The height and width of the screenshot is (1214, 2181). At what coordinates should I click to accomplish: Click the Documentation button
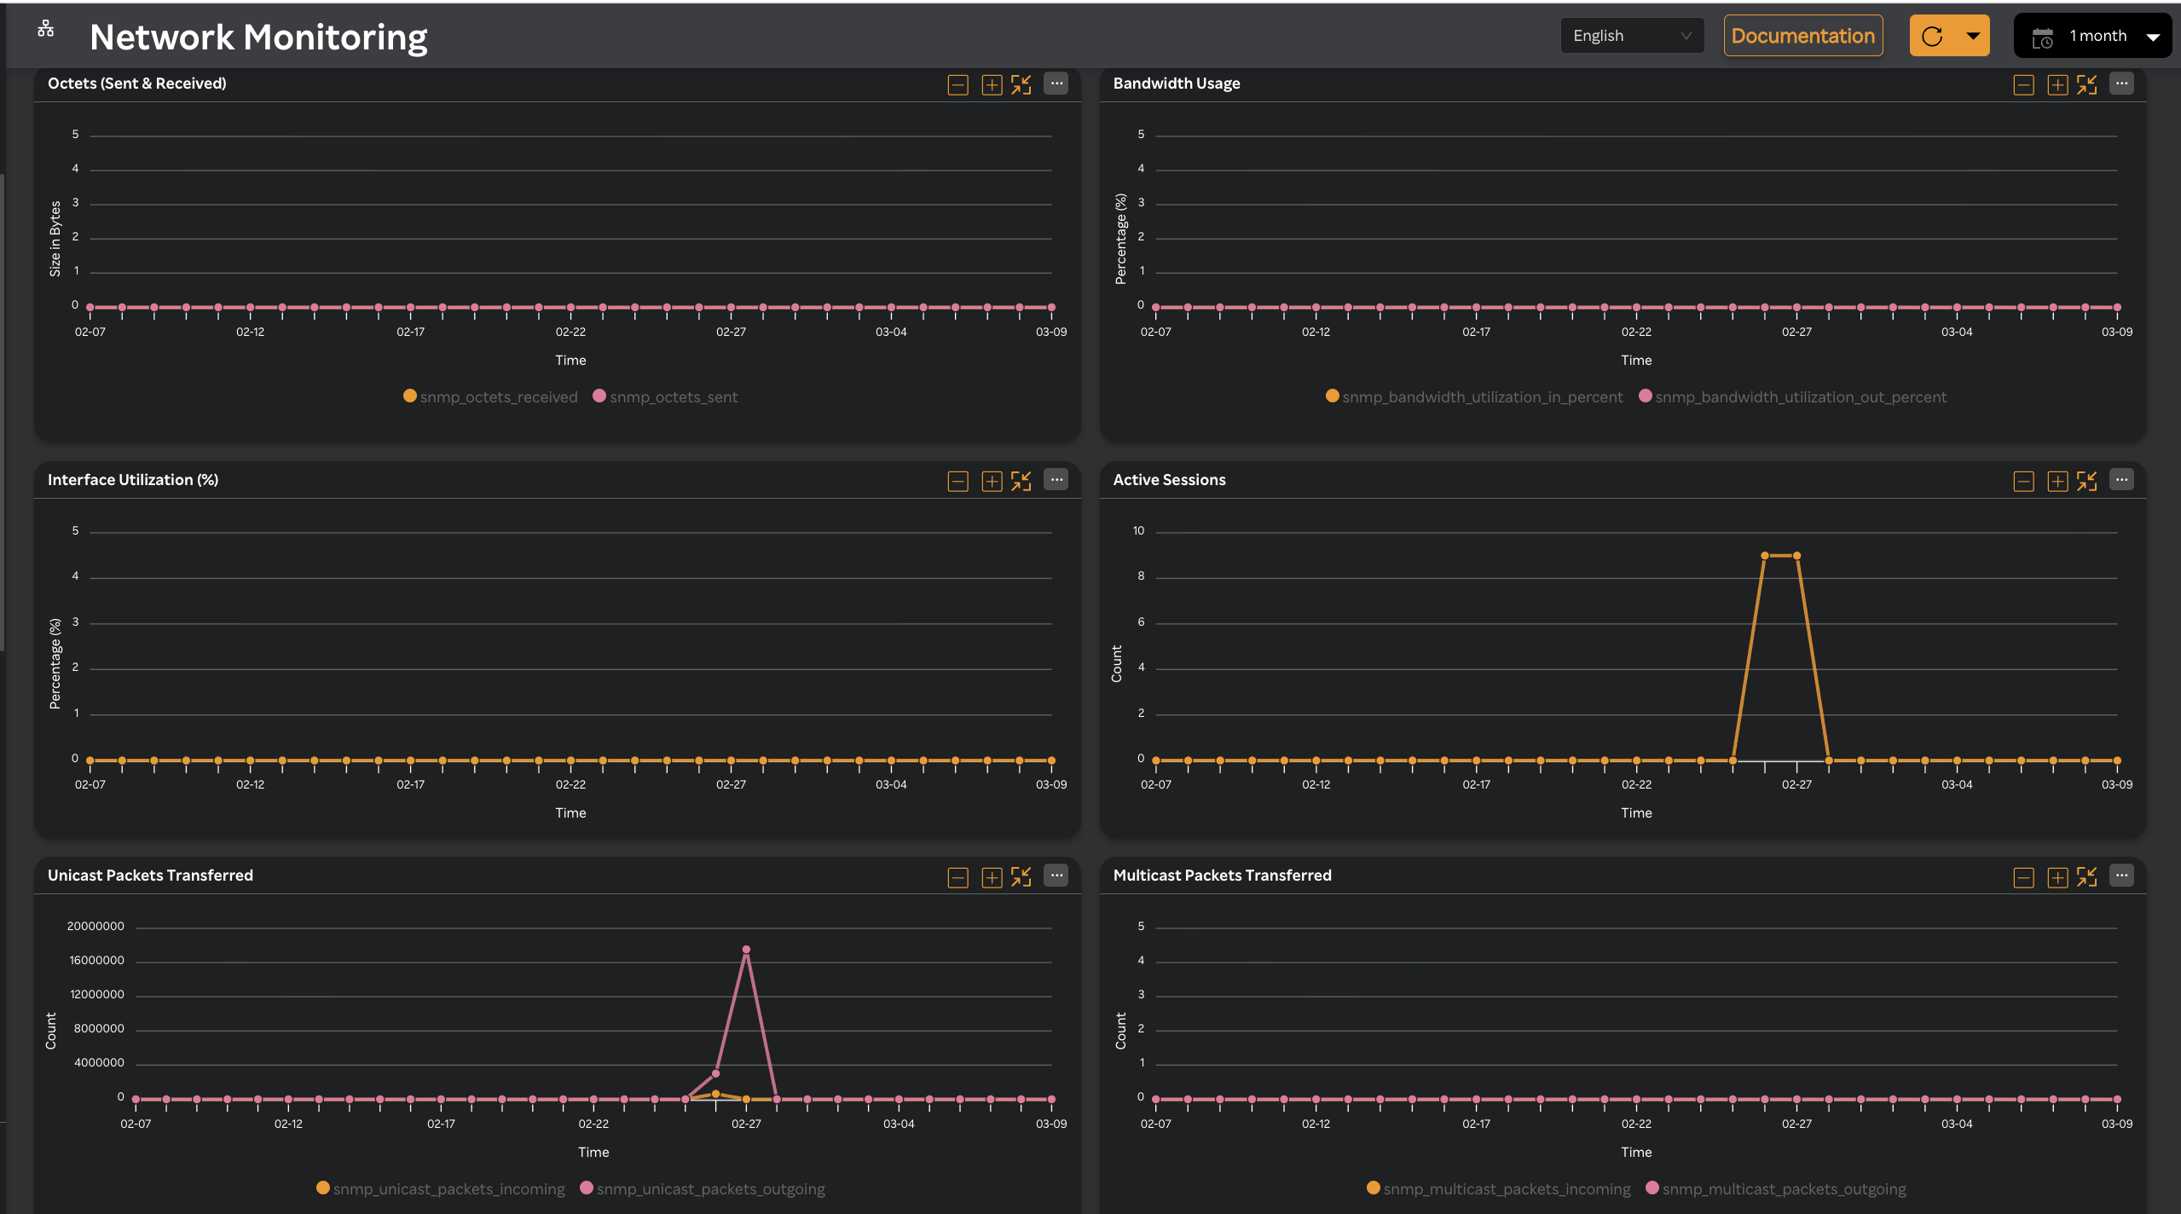(1802, 36)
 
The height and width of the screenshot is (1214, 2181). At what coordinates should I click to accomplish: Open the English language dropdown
(1631, 36)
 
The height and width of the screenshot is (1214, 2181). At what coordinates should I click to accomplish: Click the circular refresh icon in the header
(1932, 36)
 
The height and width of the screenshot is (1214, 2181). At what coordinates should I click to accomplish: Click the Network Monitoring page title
(258, 38)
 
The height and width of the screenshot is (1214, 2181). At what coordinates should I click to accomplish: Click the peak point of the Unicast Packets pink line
(746, 949)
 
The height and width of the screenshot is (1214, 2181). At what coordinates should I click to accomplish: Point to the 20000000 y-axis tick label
(95, 926)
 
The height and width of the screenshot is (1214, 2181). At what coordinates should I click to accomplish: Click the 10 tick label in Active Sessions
(1138, 530)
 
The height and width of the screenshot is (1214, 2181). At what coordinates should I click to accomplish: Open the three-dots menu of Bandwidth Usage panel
(2121, 84)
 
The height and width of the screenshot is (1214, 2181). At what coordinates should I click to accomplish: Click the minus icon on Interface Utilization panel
(957, 482)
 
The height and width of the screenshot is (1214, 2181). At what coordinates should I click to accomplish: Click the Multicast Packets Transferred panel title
(1222, 876)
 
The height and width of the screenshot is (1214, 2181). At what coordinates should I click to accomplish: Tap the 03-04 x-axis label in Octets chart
(891, 332)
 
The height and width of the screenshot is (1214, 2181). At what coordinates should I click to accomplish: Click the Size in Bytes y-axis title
(55, 239)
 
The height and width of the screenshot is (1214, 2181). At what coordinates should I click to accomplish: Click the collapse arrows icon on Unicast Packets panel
(1021, 877)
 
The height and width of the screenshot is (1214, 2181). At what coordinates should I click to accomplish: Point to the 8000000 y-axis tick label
(99, 1028)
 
